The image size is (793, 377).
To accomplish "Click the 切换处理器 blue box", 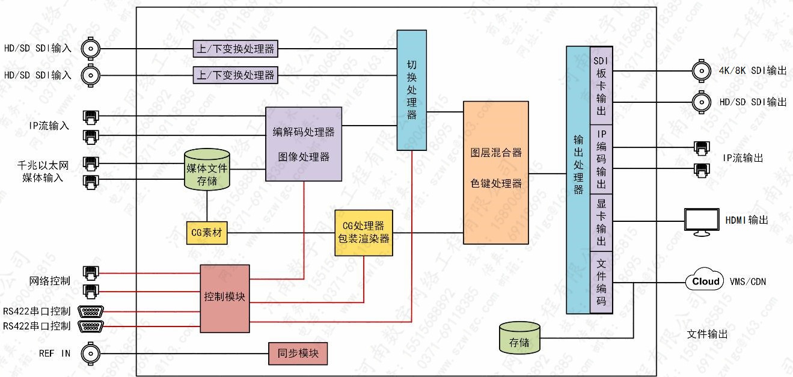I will click(412, 90).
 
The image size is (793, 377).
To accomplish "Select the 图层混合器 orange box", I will click(496, 172).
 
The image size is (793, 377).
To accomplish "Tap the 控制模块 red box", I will click(225, 298).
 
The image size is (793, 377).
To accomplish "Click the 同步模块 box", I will click(298, 353).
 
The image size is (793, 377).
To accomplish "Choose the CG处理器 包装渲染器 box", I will click(364, 233).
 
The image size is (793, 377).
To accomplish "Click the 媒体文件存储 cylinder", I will click(207, 170).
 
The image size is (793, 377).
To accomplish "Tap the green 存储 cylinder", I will click(519, 337).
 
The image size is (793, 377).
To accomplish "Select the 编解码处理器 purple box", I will click(304, 144).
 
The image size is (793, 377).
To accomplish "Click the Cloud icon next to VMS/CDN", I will click(706, 281).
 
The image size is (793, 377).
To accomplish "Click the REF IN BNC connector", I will click(91, 353).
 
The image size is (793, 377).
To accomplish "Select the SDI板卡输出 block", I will click(601, 86).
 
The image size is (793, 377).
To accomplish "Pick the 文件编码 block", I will click(601, 283).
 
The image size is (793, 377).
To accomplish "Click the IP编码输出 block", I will click(601, 159).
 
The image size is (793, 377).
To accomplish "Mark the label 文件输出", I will click(707, 334).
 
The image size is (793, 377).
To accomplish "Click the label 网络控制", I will click(49, 281).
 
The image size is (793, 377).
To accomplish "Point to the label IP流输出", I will click(743, 158).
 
